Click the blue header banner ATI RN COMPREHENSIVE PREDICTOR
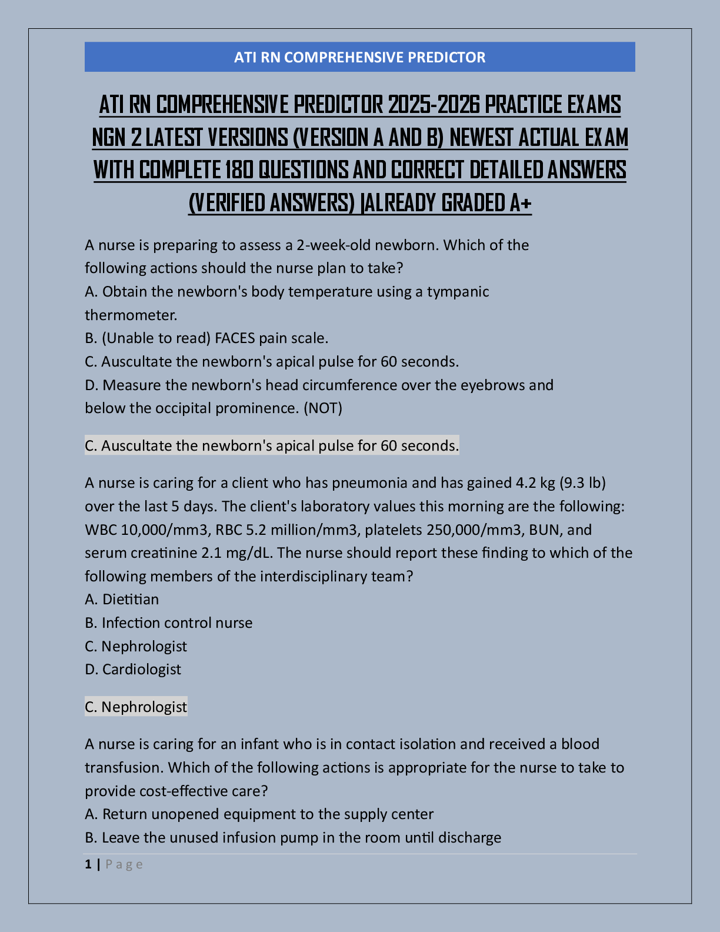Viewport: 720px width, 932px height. point(359,57)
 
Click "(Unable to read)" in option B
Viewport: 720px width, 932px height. point(156,338)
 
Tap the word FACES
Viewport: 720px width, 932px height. point(235,338)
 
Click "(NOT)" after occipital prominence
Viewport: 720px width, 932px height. point(323,408)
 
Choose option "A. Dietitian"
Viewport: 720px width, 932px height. point(122,600)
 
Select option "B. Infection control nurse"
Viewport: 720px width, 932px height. point(168,623)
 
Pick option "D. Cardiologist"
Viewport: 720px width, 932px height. point(133,670)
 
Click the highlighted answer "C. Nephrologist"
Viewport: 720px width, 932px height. point(136,707)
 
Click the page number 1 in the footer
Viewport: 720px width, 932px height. point(88,864)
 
